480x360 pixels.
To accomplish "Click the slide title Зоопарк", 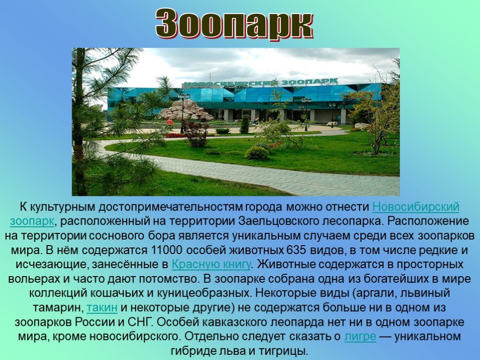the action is click(x=234, y=24).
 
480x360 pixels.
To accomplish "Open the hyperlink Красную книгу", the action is click(x=211, y=264).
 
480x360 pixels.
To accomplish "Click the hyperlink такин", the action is click(x=102, y=307).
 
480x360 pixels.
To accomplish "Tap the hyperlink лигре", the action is click(x=360, y=337).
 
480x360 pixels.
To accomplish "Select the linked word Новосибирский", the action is click(x=416, y=207).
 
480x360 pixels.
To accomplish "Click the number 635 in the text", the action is click(x=296, y=250).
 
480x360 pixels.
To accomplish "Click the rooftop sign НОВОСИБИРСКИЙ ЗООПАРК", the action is click(x=260, y=83).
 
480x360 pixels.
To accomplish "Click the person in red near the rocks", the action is click(x=170, y=122).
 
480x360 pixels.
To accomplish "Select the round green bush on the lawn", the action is click(x=257, y=152).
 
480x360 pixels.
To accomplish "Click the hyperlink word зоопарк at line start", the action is click(x=32, y=221).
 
